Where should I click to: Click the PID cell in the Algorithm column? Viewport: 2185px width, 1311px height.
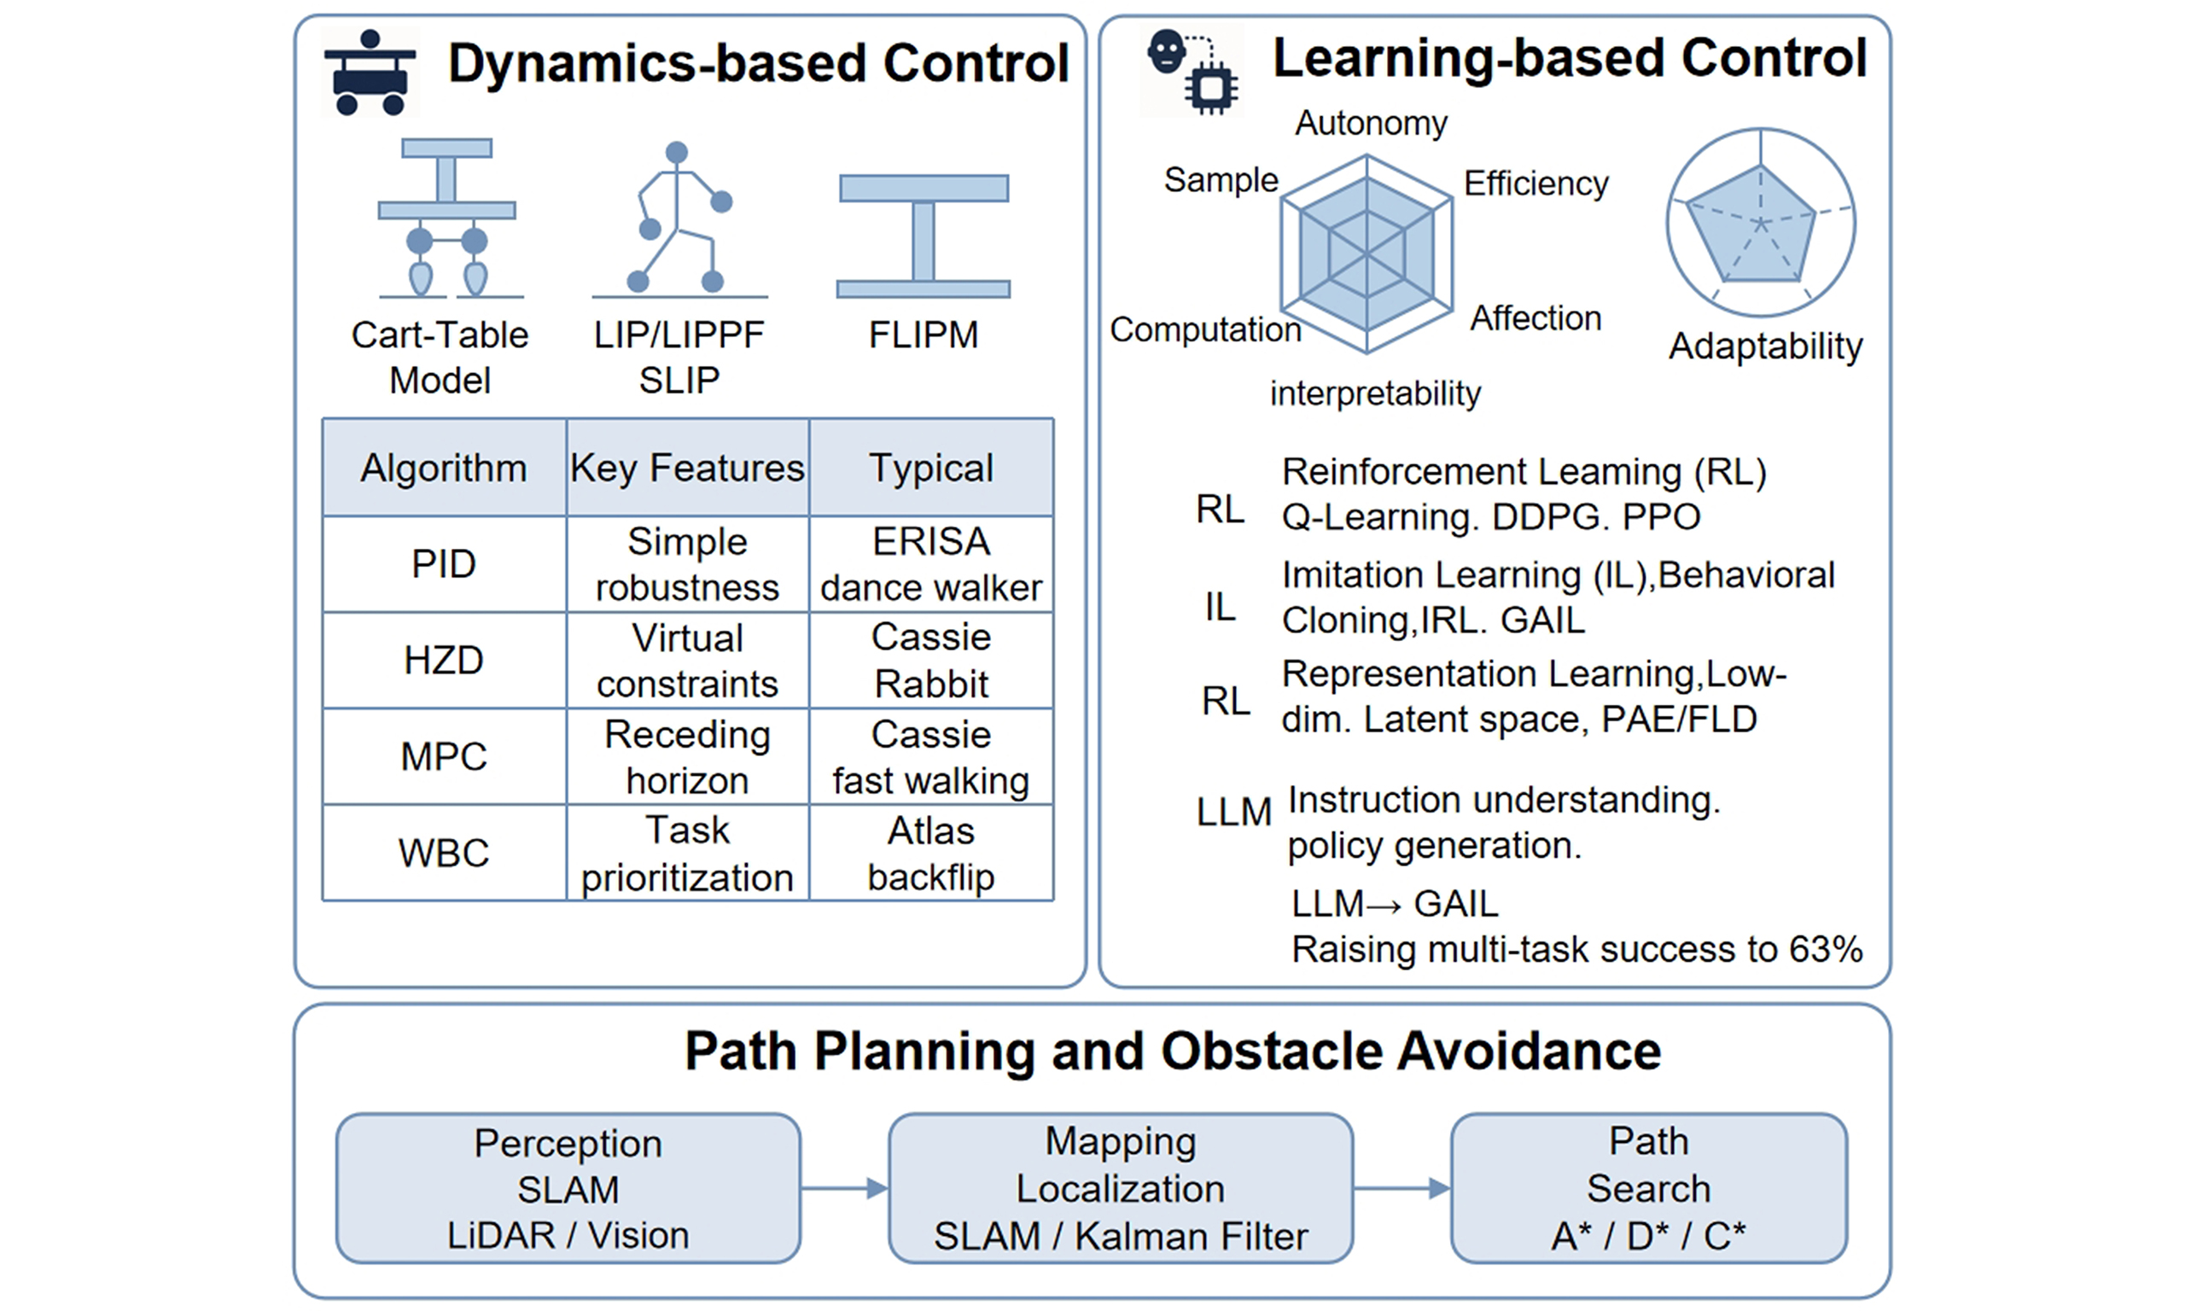[x=443, y=563]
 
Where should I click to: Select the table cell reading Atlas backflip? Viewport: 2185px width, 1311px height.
[x=931, y=854]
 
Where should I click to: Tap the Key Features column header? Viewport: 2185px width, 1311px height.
[x=687, y=468]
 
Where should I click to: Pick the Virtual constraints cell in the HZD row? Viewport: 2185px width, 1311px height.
[x=687, y=660]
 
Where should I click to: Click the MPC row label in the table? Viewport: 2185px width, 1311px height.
[x=443, y=756]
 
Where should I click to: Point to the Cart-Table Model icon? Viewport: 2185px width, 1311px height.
[x=447, y=218]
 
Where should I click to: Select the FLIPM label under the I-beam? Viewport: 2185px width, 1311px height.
[x=923, y=335]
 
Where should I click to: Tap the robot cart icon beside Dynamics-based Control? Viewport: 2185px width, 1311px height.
[x=370, y=73]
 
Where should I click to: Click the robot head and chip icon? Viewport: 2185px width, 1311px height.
[x=1192, y=71]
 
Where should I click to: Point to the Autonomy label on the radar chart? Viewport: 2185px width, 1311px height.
[x=1371, y=123]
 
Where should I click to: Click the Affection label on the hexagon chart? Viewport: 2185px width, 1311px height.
[x=1535, y=318]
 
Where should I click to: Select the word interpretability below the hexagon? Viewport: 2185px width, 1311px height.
[x=1375, y=393]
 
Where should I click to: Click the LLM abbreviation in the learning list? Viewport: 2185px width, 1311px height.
[x=1234, y=812]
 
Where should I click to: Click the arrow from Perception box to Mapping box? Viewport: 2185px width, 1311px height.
[x=844, y=1188]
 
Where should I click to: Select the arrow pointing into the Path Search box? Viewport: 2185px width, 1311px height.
[x=1402, y=1188]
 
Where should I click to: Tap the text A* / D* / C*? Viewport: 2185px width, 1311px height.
[x=1648, y=1236]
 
